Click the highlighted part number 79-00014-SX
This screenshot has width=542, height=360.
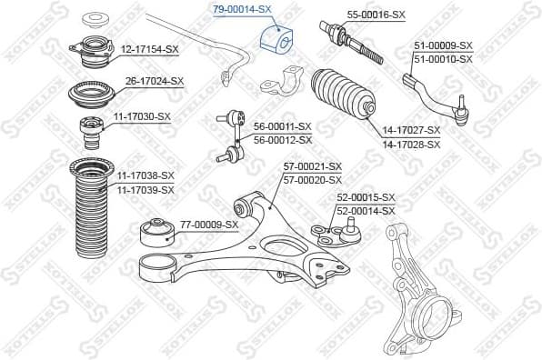click(x=242, y=9)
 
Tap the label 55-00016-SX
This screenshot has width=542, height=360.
click(x=376, y=15)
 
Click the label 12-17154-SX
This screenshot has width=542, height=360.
click(x=151, y=49)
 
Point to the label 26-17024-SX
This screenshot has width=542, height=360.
click(x=154, y=81)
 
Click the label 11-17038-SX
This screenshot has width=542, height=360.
click(x=143, y=175)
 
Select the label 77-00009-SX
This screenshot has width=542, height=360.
click(x=208, y=224)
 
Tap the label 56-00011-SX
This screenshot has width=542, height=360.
click(x=283, y=127)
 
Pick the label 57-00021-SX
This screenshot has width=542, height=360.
click(x=312, y=167)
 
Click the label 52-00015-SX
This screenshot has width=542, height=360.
click(x=366, y=197)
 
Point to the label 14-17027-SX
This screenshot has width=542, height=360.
click(x=411, y=131)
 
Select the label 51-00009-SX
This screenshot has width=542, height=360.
click(x=443, y=45)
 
